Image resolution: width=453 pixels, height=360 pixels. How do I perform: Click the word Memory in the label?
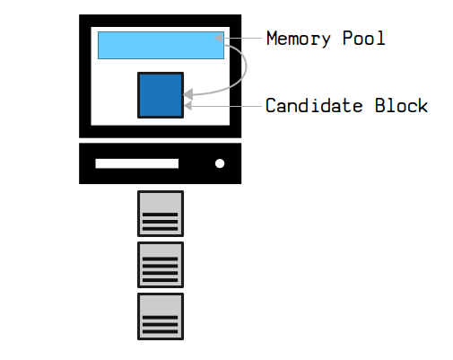[x=299, y=39]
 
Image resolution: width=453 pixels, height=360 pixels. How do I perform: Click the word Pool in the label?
[x=364, y=38]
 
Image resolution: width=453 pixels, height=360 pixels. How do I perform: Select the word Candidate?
[x=314, y=105]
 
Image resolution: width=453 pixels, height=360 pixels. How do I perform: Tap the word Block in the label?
[x=401, y=105]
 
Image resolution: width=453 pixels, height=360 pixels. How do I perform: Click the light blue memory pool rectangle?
[x=161, y=45]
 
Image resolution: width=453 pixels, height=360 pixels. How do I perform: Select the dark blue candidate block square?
[x=161, y=95]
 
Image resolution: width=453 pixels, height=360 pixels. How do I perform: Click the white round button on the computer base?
[x=220, y=163]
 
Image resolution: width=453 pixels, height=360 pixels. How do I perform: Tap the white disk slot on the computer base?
[x=137, y=163]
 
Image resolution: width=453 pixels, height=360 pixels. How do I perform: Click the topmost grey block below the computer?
[x=161, y=214]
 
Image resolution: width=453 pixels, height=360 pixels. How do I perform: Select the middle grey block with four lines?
[x=161, y=265]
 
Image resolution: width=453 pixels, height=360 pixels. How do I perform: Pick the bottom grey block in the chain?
[x=161, y=316]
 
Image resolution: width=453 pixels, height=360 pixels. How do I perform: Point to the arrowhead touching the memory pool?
[x=219, y=38]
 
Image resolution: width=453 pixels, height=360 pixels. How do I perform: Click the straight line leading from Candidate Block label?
[x=226, y=106]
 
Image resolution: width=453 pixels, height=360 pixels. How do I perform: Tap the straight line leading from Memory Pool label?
[x=242, y=38]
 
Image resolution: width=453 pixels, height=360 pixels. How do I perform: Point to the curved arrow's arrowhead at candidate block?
[x=187, y=94]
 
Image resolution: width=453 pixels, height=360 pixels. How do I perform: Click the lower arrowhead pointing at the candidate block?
[x=187, y=106]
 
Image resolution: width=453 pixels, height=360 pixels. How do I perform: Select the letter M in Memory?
[x=272, y=38]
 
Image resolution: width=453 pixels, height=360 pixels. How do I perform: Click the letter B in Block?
[x=380, y=105]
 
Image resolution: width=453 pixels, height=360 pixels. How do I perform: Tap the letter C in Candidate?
[x=271, y=105]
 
